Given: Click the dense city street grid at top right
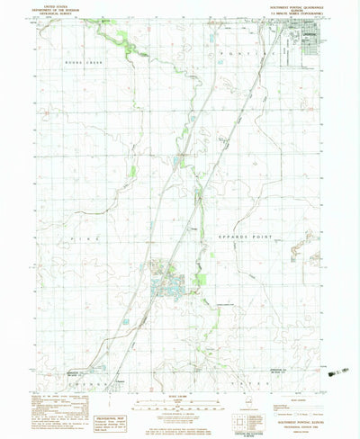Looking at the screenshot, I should (307, 45).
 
